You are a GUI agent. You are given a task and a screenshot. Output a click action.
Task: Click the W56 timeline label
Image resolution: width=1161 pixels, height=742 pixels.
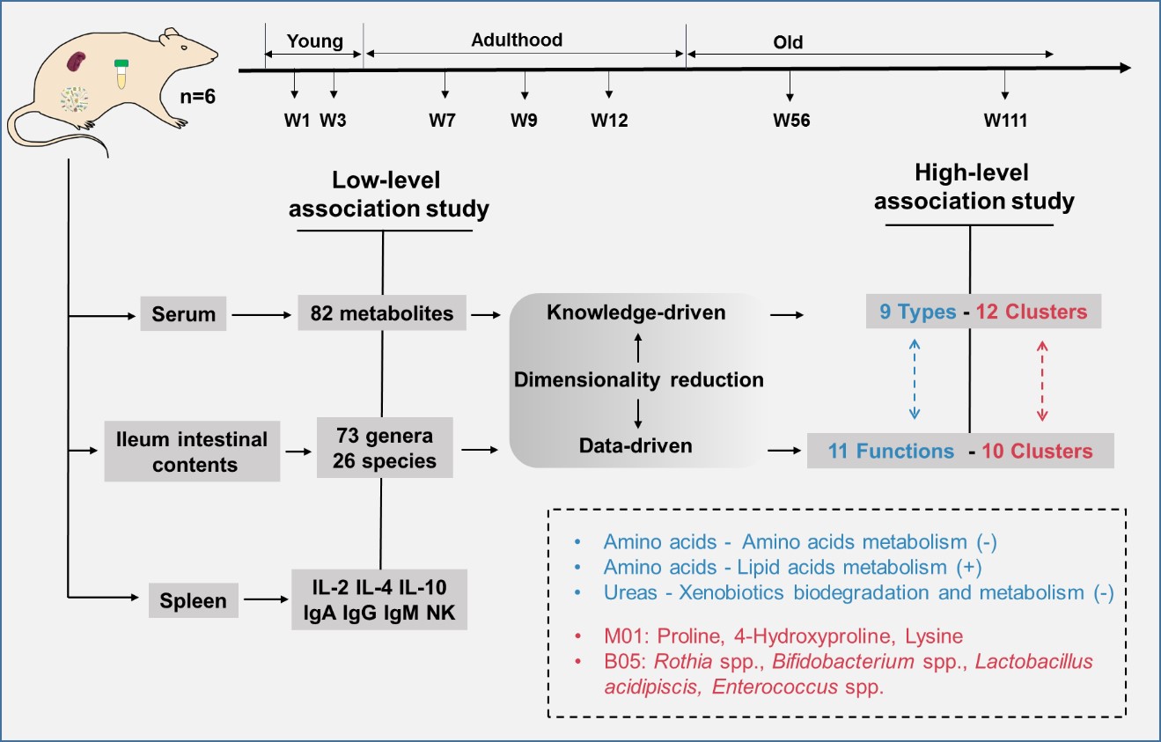click(791, 121)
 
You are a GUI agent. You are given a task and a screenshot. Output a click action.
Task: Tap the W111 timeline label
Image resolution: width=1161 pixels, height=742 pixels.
click(1005, 121)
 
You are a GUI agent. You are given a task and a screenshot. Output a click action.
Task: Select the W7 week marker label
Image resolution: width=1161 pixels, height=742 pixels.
click(443, 121)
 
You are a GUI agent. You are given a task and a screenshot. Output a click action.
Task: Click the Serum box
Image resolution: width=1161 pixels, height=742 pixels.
click(183, 312)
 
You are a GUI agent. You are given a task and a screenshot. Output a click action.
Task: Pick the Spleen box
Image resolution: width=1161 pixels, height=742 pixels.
click(192, 602)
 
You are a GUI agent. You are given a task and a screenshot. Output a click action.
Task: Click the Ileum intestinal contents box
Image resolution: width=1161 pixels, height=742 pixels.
click(192, 452)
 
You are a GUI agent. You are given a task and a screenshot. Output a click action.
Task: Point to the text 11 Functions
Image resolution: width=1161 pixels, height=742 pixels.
click(891, 452)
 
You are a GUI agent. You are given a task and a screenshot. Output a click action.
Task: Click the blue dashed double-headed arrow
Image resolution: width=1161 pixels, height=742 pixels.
click(914, 382)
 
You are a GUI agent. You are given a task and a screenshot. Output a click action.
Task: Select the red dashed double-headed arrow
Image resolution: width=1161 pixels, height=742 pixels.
click(1043, 382)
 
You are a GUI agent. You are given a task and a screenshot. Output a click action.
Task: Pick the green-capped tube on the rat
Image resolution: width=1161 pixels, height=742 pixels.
click(122, 74)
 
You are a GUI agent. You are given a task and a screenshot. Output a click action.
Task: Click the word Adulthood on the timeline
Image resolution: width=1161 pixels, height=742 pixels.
click(517, 40)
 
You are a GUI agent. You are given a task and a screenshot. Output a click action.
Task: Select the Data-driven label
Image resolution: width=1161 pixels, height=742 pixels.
click(636, 446)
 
